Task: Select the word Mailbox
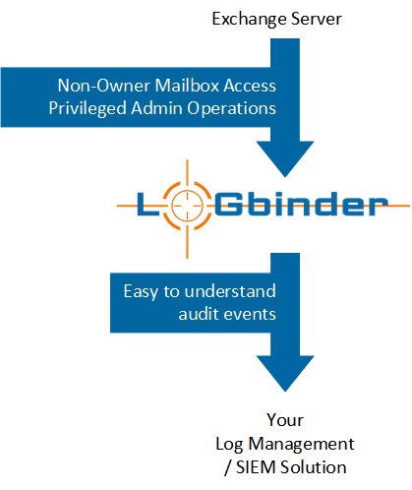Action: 187,86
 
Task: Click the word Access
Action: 250,86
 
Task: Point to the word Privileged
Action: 88,109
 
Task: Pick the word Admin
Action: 156,108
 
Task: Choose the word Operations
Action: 231,109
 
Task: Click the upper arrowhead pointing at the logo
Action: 285,158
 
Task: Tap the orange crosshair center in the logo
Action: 187,206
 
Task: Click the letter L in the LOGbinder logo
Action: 148,204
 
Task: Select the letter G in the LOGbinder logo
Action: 228,204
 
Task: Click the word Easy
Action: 142,291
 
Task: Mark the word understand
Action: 230,291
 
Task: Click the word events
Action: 249,315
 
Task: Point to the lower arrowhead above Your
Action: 285,374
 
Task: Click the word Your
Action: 285,420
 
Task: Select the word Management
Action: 301,445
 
